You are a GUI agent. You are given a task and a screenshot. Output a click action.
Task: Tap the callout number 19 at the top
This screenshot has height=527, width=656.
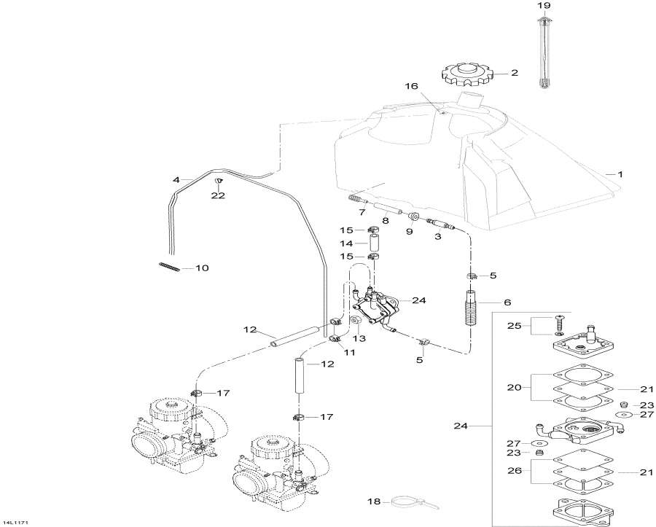[x=543, y=6]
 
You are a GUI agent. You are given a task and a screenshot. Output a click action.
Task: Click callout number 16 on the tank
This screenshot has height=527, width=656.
[x=412, y=86]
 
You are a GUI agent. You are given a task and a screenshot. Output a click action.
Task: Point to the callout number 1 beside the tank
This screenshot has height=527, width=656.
[x=620, y=174]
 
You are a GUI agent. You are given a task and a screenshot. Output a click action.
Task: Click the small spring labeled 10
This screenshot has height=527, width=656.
[x=168, y=267]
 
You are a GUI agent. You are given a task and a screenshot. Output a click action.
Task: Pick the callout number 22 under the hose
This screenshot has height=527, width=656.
[x=218, y=195]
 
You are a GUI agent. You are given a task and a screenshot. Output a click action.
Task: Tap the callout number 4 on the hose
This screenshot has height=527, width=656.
[x=176, y=179]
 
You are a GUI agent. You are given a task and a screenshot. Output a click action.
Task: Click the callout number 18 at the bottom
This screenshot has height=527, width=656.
[x=373, y=501]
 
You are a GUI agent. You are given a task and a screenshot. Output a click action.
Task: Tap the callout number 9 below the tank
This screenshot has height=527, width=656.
[x=409, y=231]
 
